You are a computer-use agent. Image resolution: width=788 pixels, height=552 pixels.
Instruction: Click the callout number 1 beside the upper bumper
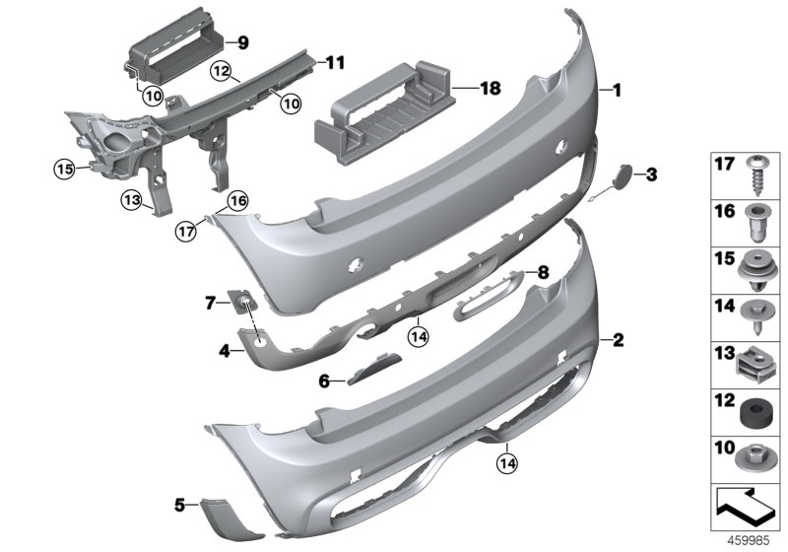618,91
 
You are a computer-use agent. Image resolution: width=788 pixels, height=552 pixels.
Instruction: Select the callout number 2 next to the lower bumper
618,341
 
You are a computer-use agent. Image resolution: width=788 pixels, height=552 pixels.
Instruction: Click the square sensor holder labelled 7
242,303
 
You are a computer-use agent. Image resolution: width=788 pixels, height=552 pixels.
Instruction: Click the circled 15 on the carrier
64,170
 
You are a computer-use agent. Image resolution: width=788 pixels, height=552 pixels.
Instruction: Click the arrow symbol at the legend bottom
748,506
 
